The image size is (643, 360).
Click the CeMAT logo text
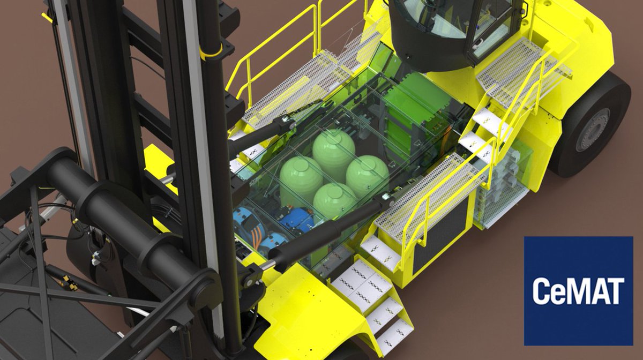click(578, 291)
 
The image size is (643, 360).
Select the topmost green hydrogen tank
click(334, 147)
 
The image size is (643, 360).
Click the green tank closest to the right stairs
click(367, 175)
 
